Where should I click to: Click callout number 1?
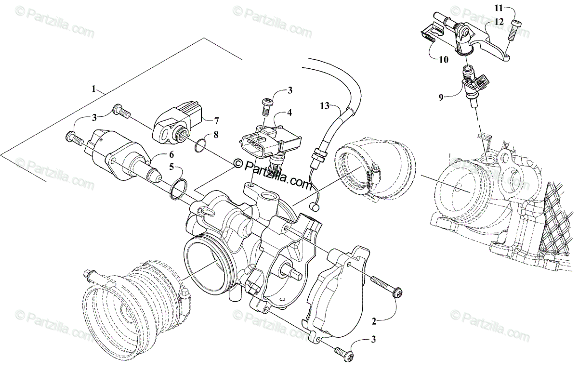93,89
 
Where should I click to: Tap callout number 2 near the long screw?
374,321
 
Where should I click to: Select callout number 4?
289,113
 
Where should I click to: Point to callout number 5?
171,167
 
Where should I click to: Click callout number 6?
171,154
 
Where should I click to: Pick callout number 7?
216,120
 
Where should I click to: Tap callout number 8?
216,134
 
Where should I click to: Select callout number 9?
441,97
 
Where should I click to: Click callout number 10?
444,60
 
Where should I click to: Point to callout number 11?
499,8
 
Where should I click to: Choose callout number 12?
499,22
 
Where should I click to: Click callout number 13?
325,106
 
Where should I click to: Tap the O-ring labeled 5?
179,189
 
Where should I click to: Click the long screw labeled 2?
386,288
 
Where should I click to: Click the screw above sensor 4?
267,106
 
